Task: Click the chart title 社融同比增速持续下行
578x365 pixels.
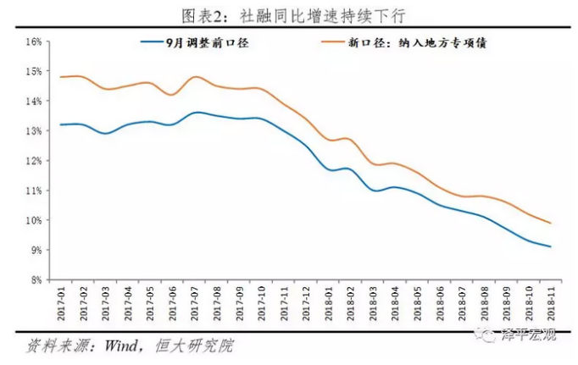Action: click(x=288, y=14)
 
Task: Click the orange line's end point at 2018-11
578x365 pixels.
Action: click(x=552, y=224)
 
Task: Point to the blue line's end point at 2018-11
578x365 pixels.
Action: click(x=552, y=247)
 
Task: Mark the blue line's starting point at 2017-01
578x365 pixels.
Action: click(x=60, y=124)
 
